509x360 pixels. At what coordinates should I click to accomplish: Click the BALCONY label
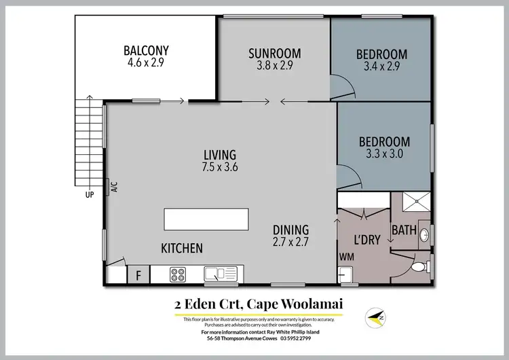(x=146, y=50)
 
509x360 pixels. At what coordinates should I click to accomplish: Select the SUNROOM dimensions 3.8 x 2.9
(x=274, y=66)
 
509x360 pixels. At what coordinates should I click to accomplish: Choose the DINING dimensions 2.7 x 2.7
(x=290, y=241)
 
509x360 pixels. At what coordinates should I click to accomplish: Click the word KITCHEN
(x=181, y=249)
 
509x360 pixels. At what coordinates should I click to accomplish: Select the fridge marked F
(x=138, y=275)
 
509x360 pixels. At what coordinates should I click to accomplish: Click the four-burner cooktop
(x=178, y=274)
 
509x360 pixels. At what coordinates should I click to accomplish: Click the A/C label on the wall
(x=113, y=187)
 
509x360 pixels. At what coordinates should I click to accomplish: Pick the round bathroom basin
(x=423, y=235)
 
